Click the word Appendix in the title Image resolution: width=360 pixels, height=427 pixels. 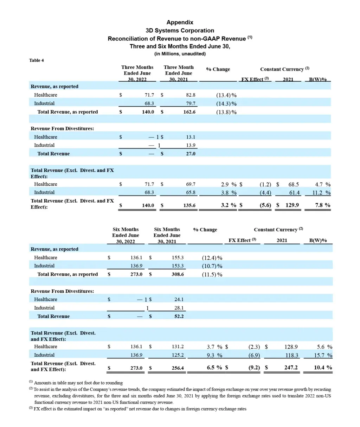tap(180, 22)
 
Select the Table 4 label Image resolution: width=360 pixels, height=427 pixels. tap(37, 60)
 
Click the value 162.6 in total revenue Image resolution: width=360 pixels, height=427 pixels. tap(189, 112)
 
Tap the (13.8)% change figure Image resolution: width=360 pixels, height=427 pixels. tap(226, 112)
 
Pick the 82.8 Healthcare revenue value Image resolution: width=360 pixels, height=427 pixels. tap(191, 95)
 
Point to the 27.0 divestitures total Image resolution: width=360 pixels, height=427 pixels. tap(191, 154)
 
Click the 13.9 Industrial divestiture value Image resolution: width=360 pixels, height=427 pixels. tap(191, 145)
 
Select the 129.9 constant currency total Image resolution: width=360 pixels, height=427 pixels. tap(292, 205)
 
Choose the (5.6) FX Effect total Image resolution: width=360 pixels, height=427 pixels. tap(265, 205)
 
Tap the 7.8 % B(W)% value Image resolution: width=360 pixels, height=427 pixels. tap(322, 205)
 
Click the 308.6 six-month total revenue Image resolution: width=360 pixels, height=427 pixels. tap(178, 274)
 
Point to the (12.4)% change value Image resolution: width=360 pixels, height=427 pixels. tap(212, 258)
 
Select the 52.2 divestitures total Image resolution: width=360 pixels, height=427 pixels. tap(179, 316)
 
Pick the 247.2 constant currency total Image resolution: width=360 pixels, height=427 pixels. tap(291, 368)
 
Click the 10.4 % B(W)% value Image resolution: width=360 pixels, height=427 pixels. tap(323, 368)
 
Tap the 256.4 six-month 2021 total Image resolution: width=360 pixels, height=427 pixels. tap(178, 368)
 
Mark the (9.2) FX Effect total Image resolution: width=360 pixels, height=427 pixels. tap(254, 368)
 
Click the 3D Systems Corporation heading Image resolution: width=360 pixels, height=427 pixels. tap(180, 30)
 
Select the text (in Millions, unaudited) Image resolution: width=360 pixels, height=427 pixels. tap(180, 54)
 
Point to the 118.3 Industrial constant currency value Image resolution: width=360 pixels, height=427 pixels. tap(291, 355)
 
